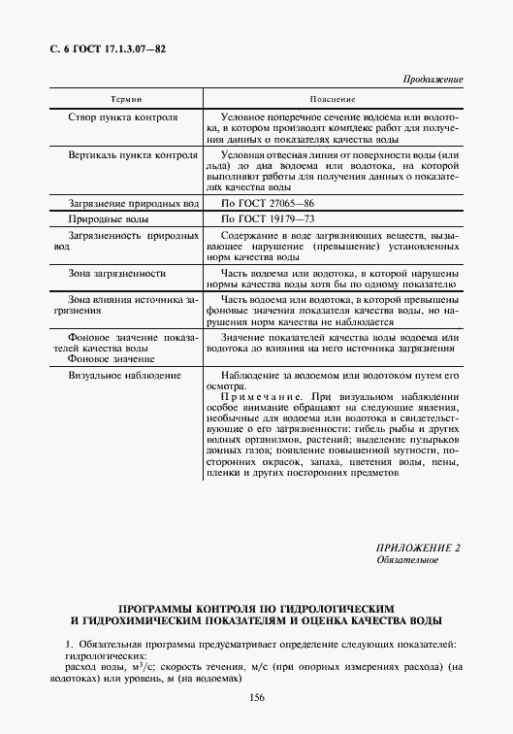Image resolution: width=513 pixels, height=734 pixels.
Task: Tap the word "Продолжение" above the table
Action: pyautogui.click(x=432, y=79)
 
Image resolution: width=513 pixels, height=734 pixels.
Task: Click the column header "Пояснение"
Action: pyautogui.click(x=333, y=99)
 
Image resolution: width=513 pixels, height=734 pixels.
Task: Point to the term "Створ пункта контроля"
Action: pyautogui.click(x=123, y=117)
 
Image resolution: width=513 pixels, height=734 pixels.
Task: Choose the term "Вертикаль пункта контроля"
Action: pyautogui.click(x=133, y=155)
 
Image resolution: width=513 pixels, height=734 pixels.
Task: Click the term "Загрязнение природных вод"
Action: pyautogui.click(x=133, y=203)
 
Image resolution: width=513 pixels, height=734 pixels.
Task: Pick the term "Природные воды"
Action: pyautogui.click(x=109, y=221)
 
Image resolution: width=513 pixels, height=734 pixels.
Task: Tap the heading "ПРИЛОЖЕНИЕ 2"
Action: pyautogui.click(x=419, y=549)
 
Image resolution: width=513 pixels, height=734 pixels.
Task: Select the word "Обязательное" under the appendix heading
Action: pyautogui.click(x=407, y=561)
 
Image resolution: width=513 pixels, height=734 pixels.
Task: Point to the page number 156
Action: pyautogui.click(x=257, y=698)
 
